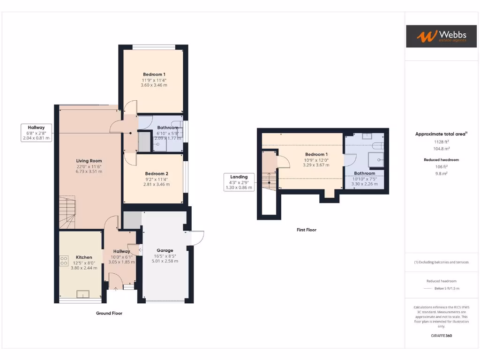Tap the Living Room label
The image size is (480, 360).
(x=89, y=161)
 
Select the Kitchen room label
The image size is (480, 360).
(x=84, y=257)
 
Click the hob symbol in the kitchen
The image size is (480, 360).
(x=64, y=261)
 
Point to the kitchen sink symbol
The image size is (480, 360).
(x=84, y=294)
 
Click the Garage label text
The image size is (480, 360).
(x=165, y=250)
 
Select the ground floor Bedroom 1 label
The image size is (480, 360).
(x=154, y=75)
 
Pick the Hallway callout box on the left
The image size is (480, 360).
(x=36, y=133)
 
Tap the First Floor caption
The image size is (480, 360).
(x=307, y=230)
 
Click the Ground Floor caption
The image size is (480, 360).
(x=109, y=313)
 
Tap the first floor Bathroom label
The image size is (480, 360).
(x=365, y=173)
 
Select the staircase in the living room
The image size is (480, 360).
(x=67, y=212)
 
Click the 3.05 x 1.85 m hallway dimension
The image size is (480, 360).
(x=121, y=262)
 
